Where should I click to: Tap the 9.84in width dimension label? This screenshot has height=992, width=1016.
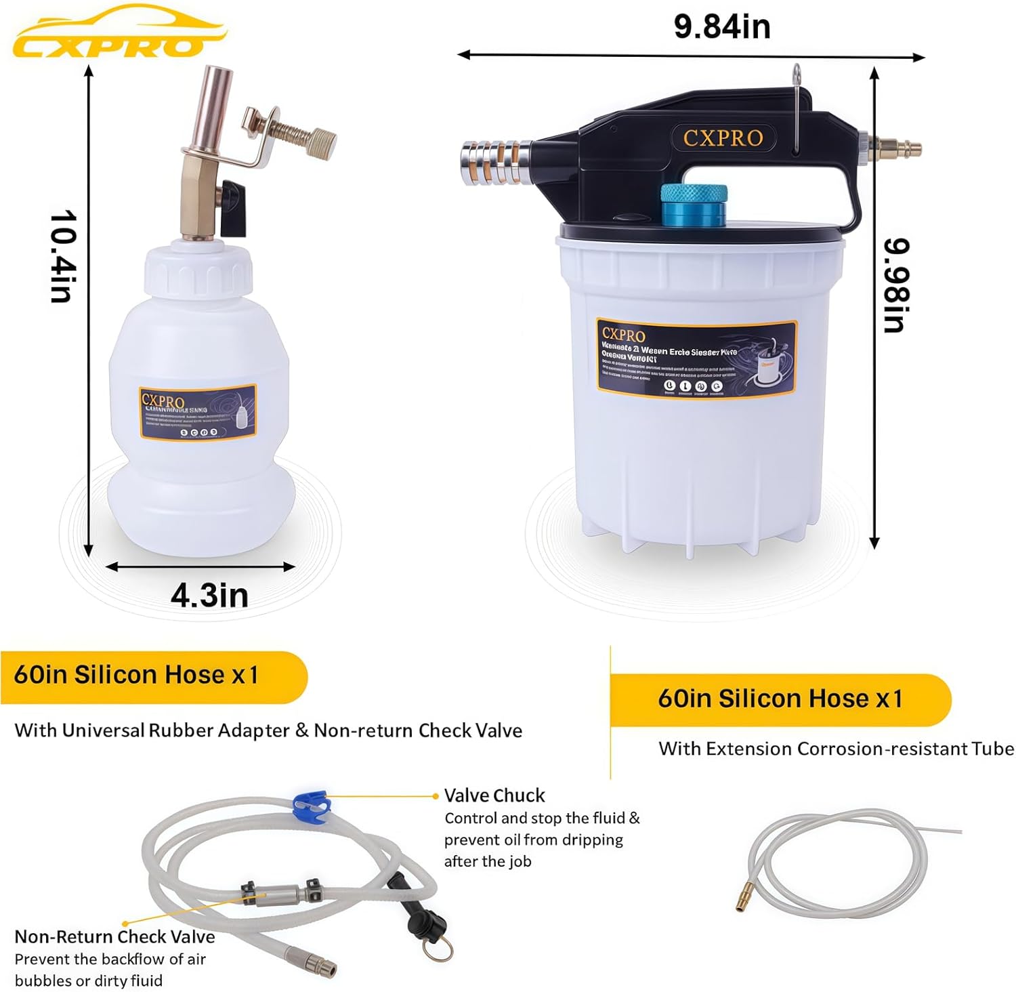coord(722,27)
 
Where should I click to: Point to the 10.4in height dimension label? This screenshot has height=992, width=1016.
coord(63,255)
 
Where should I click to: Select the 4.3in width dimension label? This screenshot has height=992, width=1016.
coord(209,596)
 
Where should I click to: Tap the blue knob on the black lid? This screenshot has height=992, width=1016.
coord(694,205)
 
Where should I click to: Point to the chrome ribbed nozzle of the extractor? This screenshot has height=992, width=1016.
coord(494,162)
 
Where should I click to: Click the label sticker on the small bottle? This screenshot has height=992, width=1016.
coord(198,413)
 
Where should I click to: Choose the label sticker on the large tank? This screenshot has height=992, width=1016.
coord(696,358)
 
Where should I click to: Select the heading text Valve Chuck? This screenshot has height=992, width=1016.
coord(494,795)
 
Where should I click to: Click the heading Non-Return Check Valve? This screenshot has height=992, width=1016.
coord(114,936)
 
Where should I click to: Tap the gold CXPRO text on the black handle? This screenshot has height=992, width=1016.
coord(723,138)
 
